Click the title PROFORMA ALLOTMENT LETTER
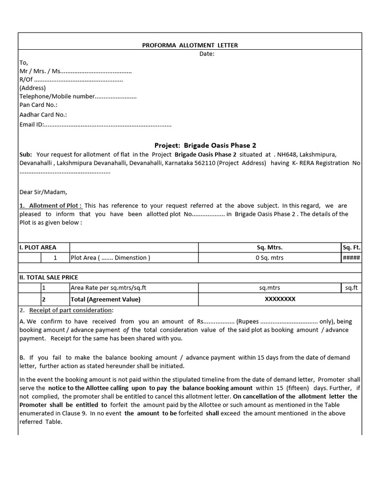coord(190,45)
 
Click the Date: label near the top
coord(207,54)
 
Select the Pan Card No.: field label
coord(38,105)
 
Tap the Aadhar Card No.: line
coord(43,115)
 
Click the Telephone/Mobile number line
coord(78,96)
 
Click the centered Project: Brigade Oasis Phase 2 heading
coord(205,145)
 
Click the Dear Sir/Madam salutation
coord(43,192)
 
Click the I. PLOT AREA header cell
coord(38,247)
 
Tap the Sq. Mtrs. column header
coord(270,247)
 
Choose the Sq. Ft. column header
coord(351,247)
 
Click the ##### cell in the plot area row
coord(351,257)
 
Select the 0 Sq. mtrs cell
coord(270,257)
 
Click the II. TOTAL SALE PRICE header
coord(48,278)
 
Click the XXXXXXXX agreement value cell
coord(281,299)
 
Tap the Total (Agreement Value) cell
coord(105,299)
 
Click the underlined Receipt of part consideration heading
coord(70,310)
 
